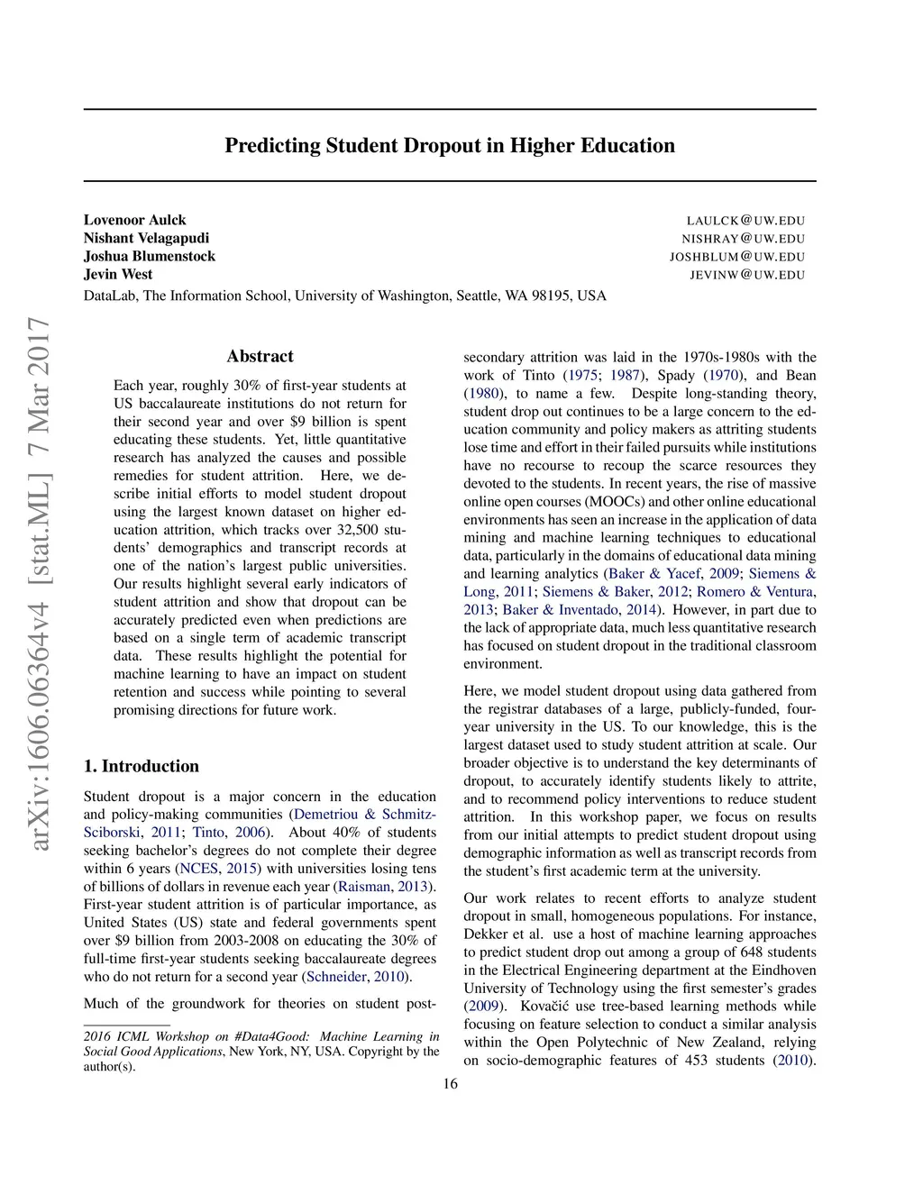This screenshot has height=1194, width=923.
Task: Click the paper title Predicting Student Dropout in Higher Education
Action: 449,146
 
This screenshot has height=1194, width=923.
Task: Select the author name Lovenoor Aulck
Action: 134,220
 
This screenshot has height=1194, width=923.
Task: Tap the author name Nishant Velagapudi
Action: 146,238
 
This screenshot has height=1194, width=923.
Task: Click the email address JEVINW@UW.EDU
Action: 747,275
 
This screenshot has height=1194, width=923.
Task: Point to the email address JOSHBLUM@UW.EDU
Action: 736,257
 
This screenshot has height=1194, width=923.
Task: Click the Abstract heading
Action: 260,356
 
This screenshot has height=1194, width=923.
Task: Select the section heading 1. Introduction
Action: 141,766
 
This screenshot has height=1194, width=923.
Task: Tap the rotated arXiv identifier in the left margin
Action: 39,583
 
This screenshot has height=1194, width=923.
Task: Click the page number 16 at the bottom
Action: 450,1083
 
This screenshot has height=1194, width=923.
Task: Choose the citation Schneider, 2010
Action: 356,977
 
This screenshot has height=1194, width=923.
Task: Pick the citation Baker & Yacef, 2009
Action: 672,574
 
